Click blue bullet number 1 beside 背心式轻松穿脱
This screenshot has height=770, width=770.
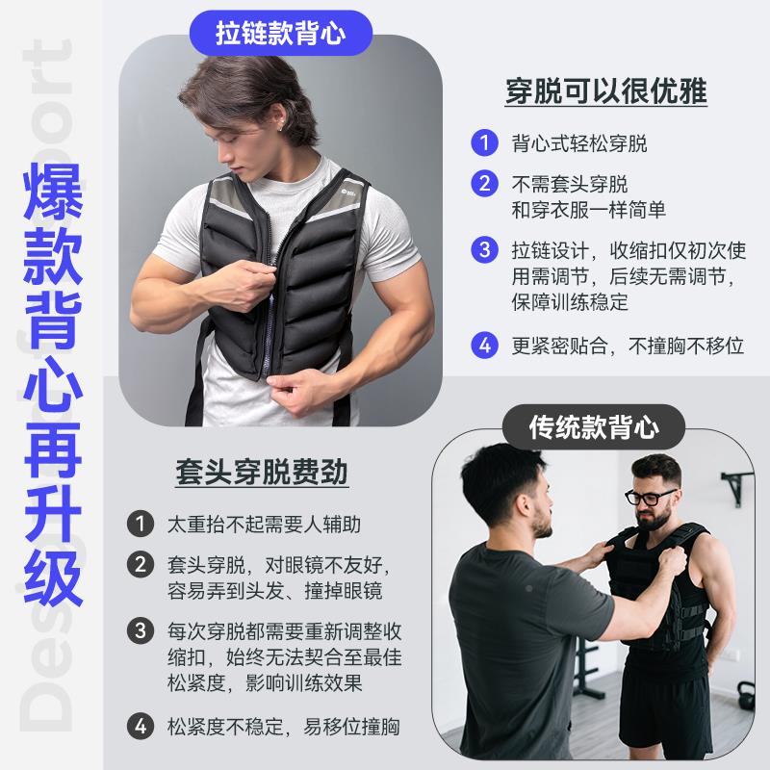click(x=484, y=144)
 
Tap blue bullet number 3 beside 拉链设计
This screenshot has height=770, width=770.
click(x=484, y=250)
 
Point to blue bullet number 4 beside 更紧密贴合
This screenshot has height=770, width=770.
click(x=484, y=344)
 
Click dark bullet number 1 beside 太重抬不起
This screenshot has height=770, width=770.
click(x=141, y=526)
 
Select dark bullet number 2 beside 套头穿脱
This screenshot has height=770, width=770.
click(x=141, y=563)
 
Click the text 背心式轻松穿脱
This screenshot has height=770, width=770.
click(x=578, y=144)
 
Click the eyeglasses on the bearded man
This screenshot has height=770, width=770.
click(x=651, y=497)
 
